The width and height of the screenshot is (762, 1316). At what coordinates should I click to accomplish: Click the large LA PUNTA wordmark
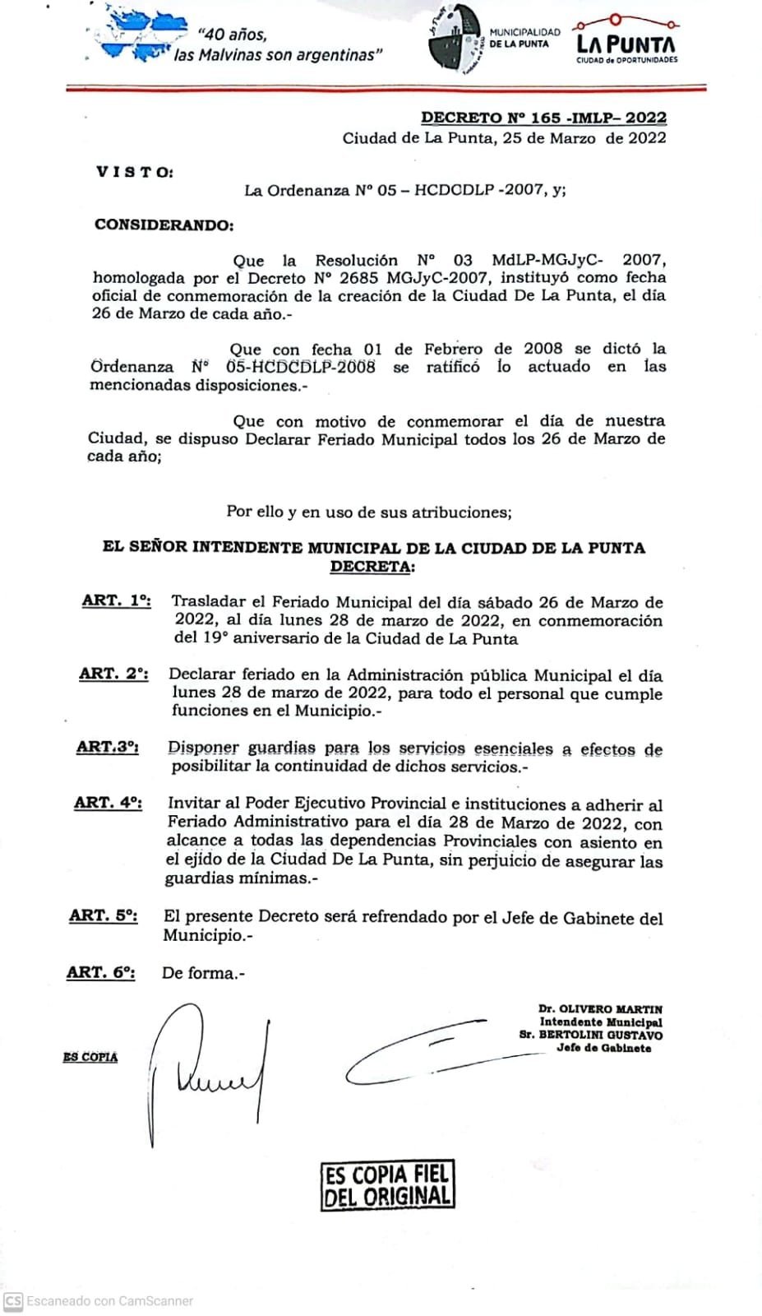click(626, 44)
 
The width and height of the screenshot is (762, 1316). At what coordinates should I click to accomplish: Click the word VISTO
click(135, 172)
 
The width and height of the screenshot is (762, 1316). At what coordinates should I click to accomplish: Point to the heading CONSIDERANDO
click(164, 225)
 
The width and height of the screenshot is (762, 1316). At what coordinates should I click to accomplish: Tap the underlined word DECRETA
click(372, 567)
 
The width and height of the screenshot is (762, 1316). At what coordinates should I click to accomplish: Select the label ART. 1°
click(116, 600)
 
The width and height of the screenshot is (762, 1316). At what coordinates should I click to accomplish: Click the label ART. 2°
click(113, 674)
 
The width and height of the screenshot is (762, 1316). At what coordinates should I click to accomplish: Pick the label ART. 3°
click(108, 747)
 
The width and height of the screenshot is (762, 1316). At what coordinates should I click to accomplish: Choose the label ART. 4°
click(108, 803)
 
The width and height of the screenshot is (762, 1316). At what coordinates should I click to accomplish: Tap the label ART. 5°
click(104, 915)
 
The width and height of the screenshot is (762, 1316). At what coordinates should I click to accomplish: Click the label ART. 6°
click(100, 972)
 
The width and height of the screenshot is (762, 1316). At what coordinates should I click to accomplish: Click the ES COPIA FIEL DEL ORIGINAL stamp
click(387, 1185)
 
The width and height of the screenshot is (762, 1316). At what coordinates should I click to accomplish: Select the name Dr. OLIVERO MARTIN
click(600, 1009)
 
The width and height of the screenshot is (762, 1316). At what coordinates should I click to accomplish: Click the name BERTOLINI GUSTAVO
click(600, 1036)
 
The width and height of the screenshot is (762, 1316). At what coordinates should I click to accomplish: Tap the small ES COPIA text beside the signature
click(90, 1057)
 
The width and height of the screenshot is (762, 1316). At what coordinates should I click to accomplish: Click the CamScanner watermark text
click(109, 1301)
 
